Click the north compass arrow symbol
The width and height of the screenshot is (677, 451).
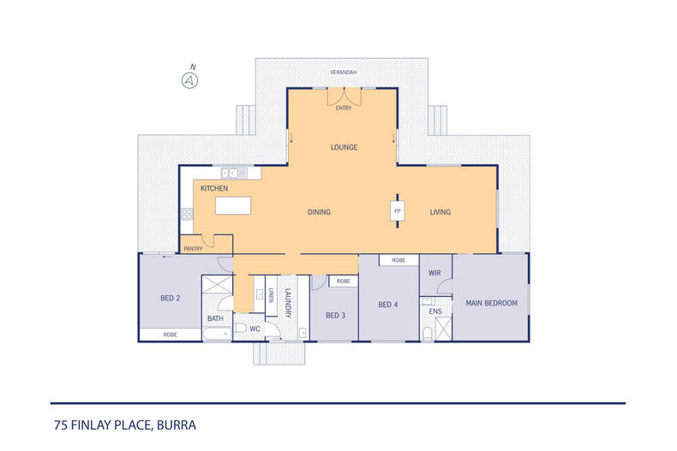(189, 80)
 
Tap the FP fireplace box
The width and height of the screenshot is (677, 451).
(398, 211)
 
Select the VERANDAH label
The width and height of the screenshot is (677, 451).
(344, 73)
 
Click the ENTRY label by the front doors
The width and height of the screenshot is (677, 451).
(344, 108)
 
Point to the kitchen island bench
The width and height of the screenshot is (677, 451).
(233, 205)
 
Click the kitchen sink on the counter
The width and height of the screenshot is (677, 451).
(230, 173)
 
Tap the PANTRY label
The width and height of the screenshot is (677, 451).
(193, 249)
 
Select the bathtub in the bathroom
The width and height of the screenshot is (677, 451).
(217, 334)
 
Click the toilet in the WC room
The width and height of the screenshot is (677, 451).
(240, 329)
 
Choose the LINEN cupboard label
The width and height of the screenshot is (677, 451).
(271, 295)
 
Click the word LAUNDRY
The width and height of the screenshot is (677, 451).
(288, 303)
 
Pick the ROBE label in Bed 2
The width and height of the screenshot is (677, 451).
(171, 335)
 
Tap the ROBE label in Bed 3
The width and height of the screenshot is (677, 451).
(344, 281)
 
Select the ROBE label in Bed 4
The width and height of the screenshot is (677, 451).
(398, 260)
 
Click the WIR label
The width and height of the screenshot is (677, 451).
(434, 273)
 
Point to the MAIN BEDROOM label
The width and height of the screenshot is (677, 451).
(491, 303)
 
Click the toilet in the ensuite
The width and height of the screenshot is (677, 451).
(427, 333)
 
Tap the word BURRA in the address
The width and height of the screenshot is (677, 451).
(177, 425)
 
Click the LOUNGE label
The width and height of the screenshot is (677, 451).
(344, 147)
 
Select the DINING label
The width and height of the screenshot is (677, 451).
(319, 212)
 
